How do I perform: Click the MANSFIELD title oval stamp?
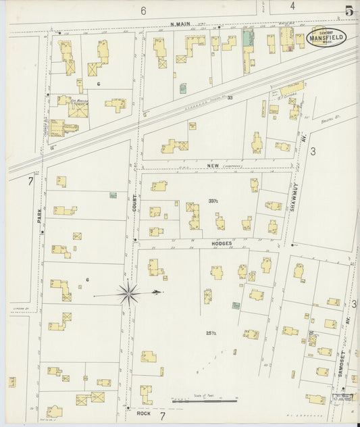[x=328, y=37]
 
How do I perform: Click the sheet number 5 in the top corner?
[x=349, y=10]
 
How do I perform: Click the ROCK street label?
[x=143, y=413]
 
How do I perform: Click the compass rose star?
[x=128, y=294]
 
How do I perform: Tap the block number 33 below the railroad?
[x=230, y=98]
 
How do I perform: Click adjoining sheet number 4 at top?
[x=292, y=6]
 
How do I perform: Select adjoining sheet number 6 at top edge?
[x=143, y=11]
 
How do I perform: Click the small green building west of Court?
[x=113, y=195]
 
